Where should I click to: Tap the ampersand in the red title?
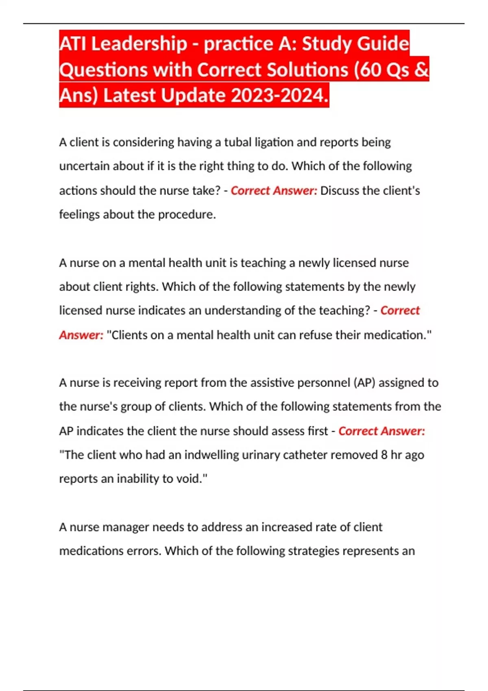coord(422,70)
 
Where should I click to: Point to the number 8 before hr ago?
coord(384,455)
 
